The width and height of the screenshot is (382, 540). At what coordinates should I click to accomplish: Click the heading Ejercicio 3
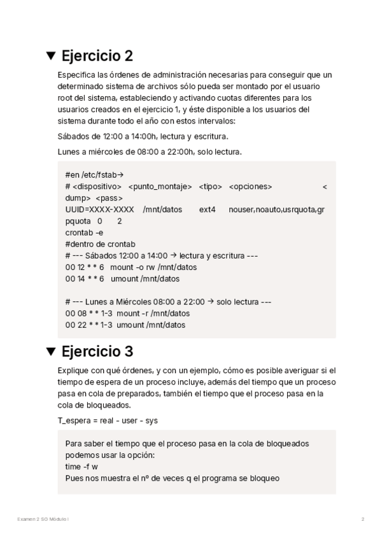(97, 351)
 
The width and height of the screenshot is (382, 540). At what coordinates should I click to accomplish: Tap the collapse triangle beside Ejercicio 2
(51, 55)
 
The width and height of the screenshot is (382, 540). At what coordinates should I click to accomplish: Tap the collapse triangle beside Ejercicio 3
(51, 351)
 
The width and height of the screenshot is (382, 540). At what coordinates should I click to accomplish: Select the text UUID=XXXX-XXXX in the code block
(99, 209)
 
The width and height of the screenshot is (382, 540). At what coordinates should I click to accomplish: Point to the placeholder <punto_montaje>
(160, 186)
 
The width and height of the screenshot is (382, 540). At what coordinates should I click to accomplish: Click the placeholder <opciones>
(250, 186)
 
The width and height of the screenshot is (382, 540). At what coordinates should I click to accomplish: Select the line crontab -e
(83, 232)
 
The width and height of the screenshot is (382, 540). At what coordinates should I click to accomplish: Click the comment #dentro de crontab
(100, 244)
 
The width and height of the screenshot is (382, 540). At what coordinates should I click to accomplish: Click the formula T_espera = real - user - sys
(108, 420)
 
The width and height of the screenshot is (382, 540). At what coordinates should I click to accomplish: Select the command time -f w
(81, 467)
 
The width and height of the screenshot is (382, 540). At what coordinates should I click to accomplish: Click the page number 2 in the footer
(362, 519)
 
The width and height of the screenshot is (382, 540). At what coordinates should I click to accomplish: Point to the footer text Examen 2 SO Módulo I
(43, 519)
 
